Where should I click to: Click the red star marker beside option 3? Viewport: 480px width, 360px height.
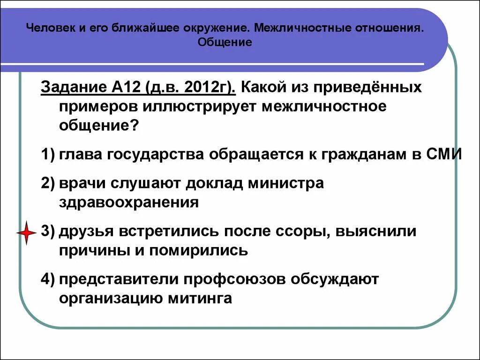pos(26,232)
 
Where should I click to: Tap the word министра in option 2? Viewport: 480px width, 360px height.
pos(287,183)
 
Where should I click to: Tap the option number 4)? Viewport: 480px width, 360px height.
pos(48,279)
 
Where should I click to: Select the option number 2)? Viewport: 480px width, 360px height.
pos(48,183)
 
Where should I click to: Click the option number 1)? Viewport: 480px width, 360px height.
pos(48,154)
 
